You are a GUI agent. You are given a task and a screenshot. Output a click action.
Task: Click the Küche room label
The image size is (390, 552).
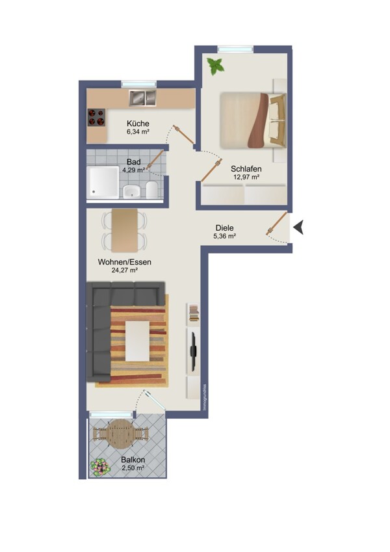click(138, 124)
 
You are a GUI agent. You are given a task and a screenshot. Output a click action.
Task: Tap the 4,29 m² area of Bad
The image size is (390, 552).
click(134, 170)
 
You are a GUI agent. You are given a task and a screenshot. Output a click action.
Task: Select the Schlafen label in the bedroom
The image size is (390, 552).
click(246, 169)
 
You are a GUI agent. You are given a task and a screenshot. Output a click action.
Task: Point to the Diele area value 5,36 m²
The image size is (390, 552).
click(224, 236)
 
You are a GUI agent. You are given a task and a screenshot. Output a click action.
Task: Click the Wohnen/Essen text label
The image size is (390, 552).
click(125, 262)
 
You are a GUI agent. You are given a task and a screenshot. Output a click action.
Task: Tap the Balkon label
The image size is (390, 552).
click(133, 460)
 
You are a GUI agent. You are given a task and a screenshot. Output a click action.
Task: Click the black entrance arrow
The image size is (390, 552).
click(298, 227)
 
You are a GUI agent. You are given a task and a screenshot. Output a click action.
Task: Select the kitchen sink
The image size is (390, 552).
click(142, 98)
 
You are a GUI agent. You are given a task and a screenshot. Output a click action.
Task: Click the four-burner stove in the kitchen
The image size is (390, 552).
click(96, 117)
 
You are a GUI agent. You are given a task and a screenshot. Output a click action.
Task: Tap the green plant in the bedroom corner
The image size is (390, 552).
click(215, 66)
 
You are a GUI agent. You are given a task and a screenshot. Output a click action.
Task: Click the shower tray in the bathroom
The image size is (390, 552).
click(103, 182)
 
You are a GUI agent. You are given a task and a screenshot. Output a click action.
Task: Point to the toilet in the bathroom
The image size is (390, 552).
click(151, 189)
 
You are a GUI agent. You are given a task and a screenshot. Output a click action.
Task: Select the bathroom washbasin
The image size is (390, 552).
click(132, 191)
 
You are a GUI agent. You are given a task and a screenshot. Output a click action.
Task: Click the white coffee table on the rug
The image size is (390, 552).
click(137, 341)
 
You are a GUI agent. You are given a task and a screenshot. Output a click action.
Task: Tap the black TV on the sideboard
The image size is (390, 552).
click(193, 350)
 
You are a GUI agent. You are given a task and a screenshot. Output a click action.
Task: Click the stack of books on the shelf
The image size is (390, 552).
click(194, 313)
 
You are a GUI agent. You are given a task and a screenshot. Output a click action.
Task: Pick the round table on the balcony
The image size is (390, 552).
click(120, 434)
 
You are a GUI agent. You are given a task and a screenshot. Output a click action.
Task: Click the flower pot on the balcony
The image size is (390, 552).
click(99, 467)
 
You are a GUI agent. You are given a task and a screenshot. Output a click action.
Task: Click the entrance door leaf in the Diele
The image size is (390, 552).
click(277, 223)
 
